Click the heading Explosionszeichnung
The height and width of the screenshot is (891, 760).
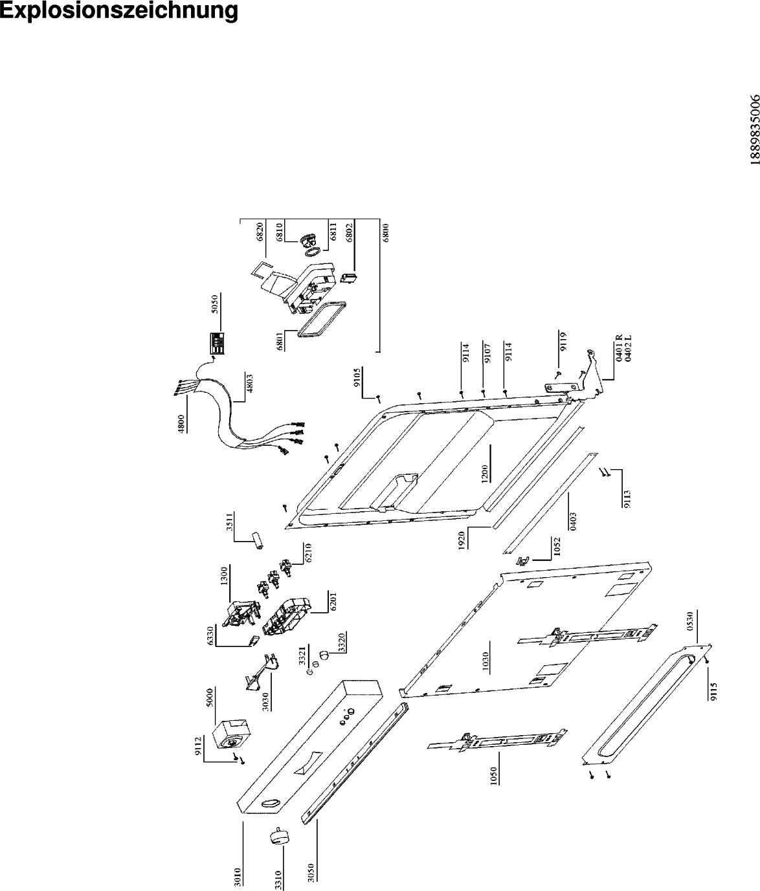pyautogui.click(x=118, y=10)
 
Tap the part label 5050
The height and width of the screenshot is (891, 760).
pyautogui.click(x=215, y=303)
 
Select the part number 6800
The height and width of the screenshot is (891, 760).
pyautogui.click(x=385, y=233)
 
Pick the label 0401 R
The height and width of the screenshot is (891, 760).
pyautogui.click(x=620, y=347)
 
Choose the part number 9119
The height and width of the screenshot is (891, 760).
pyautogui.click(x=563, y=342)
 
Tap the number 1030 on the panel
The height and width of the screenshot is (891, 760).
pyautogui.click(x=486, y=663)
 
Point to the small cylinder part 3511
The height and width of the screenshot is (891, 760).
pyautogui.click(x=258, y=541)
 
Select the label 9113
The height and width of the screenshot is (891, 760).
pyautogui.click(x=627, y=499)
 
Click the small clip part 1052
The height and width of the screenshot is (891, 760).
pyautogui.click(x=522, y=560)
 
